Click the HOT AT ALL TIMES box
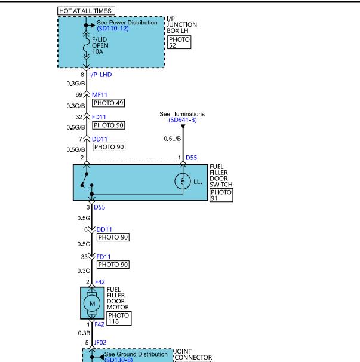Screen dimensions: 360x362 click(86, 11)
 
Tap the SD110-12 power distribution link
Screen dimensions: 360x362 click(113, 29)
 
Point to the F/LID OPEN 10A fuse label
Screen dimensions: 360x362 click(100, 45)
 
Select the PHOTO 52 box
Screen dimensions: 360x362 click(179, 42)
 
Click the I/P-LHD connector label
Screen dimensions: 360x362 click(100, 75)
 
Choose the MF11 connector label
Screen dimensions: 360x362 click(100, 94)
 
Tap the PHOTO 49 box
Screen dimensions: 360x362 click(108, 103)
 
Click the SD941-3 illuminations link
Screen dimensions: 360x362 click(183, 120)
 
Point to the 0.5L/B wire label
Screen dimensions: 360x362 click(173, 139)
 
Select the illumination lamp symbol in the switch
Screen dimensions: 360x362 click(183, 181)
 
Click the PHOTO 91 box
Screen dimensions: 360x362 click(221, 195)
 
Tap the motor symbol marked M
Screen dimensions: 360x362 click(92, 303)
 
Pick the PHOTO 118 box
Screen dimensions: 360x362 click(119, 318)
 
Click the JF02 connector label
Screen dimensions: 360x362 click(100, 343)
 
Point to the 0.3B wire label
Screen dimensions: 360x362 click(84, 333)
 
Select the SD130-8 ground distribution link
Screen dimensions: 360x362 click(118, 360)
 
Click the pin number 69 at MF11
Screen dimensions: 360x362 click(79, 94)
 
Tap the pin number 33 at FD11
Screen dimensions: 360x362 click(84, 257)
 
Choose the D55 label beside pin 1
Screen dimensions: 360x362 click(191, 158)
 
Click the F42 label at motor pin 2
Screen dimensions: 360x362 click(100, 282)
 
